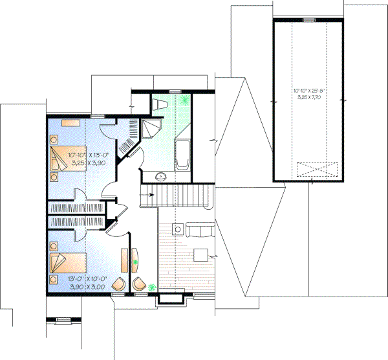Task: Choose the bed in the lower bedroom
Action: [x=66, y=264]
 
